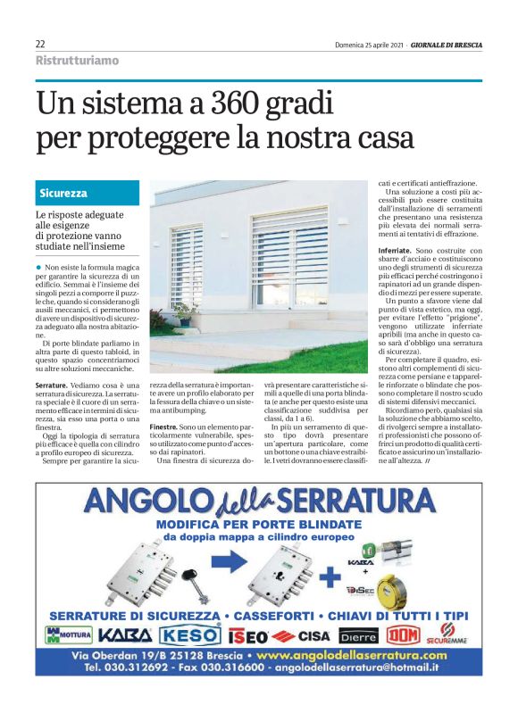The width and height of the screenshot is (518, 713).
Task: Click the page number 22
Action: pos(40,45)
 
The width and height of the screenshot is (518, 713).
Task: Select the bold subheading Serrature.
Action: pos(52,384)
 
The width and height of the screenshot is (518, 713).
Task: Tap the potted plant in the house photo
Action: pos(185,312)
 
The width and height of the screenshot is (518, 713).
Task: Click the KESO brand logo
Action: pos(190,636)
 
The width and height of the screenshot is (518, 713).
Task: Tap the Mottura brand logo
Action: pos(67,636)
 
